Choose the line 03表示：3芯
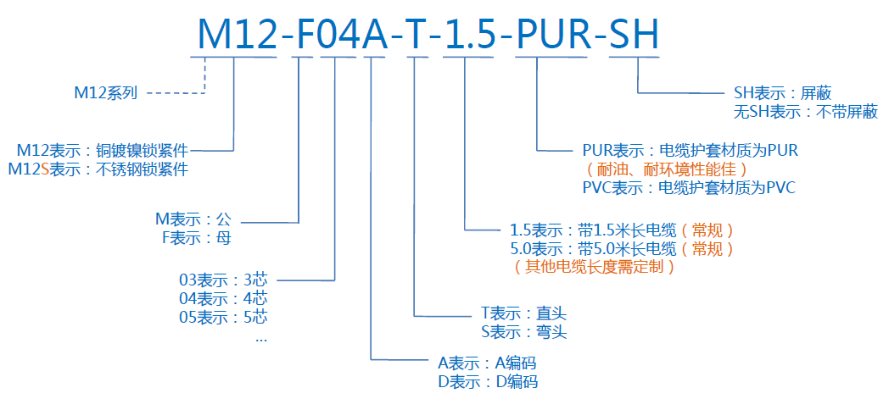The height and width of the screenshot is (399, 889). [x=222, y=280]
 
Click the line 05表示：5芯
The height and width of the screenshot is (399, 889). [x=222, y=318]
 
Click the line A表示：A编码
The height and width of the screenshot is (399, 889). [x=488, y=363]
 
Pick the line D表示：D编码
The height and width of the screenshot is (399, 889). [x=488, y=381]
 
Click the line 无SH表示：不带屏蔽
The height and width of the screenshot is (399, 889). [x=806, y=111]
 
